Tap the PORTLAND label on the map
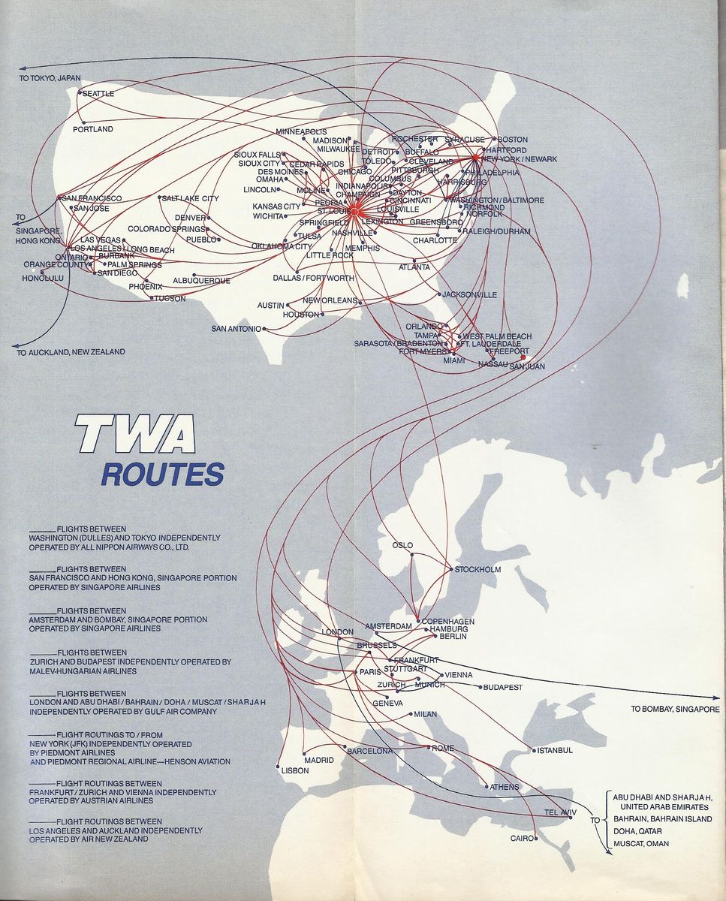(93, 129)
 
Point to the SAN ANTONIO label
(236, 329)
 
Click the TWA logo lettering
(135, 435)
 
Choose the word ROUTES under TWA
(163, 475)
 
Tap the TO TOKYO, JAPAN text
(51, 78)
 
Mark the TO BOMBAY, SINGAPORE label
(675, 709)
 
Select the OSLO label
(403, 546)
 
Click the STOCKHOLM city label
(477, 570)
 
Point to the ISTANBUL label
(556, 750)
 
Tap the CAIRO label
(521, 838)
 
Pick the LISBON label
(295, 770)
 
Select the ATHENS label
(504, 787)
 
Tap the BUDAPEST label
(502, 687)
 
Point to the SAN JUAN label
(527, 366)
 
